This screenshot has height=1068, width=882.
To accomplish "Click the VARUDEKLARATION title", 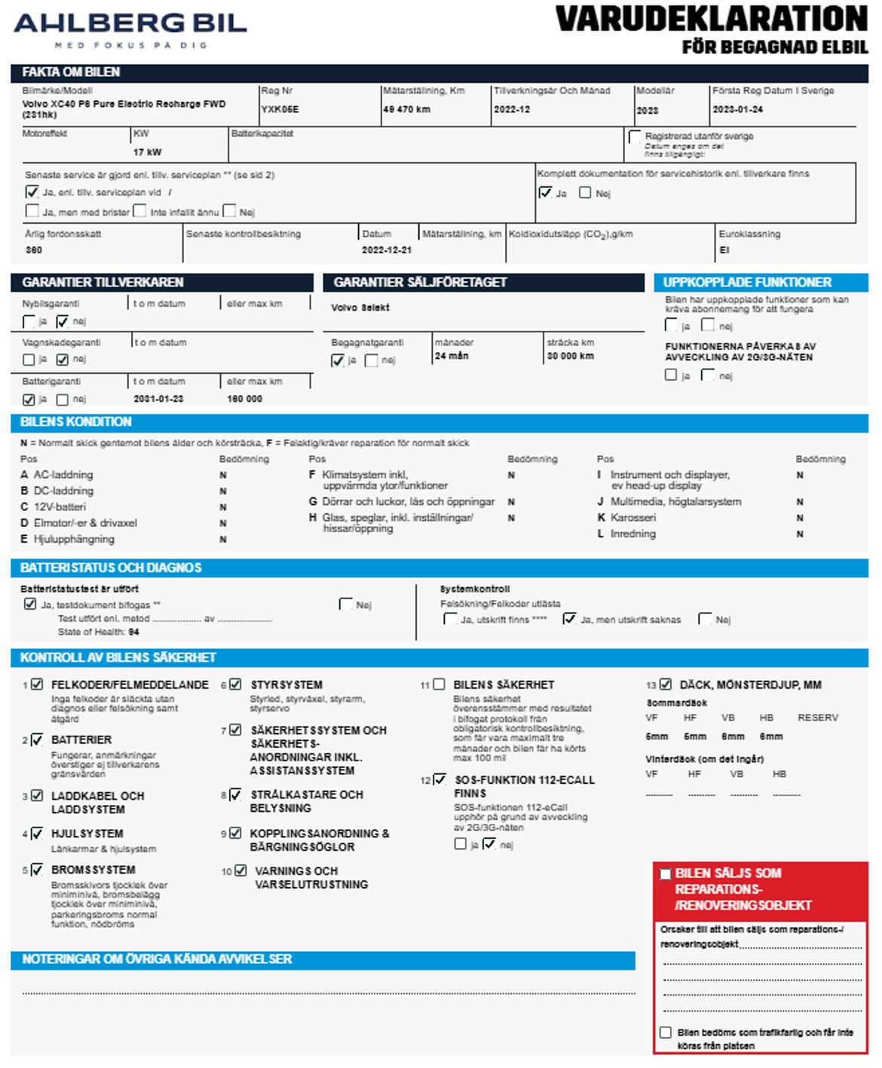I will (711, 20).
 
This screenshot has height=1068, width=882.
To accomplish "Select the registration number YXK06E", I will (280, 109).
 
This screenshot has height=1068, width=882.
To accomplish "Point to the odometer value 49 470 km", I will (406, 109).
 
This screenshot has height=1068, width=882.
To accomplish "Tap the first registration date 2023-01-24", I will (737, 109).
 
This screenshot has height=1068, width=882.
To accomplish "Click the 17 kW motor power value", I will (148, 151).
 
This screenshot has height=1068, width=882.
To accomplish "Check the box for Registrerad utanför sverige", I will (635, 136).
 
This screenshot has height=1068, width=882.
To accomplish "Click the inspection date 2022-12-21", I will (387, 249).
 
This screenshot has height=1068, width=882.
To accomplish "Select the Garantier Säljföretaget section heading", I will (420, 283).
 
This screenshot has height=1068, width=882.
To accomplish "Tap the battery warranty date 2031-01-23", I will (158, 399).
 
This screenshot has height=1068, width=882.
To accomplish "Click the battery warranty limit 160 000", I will (244, 399).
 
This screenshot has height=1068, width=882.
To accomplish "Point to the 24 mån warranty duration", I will (452, 356).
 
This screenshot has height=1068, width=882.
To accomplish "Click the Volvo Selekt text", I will (360, 308).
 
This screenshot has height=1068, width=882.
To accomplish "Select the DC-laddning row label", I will (63, 491).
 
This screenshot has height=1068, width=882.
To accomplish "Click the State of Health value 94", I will (133, 632).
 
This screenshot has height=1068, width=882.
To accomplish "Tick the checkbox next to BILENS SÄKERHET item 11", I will (439, 684).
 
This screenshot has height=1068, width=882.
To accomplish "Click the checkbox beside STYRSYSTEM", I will (235, 684).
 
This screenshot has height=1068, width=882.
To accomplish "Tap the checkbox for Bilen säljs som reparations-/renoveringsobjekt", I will (665, 874).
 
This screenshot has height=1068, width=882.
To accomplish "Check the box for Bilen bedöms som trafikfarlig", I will (666, 1032).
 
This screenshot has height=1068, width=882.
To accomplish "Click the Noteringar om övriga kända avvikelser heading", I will (157, 959).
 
